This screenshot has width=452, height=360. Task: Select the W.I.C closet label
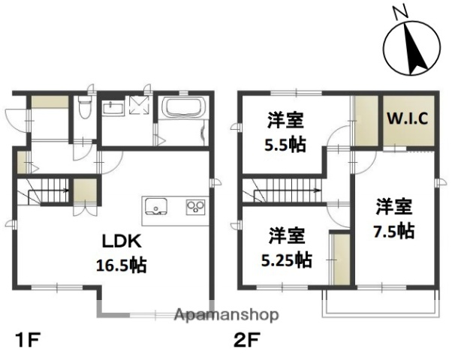tap(407, 118)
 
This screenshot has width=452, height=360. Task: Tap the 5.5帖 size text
tap(285, 145)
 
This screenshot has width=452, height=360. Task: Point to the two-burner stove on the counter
tap(195, 205)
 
